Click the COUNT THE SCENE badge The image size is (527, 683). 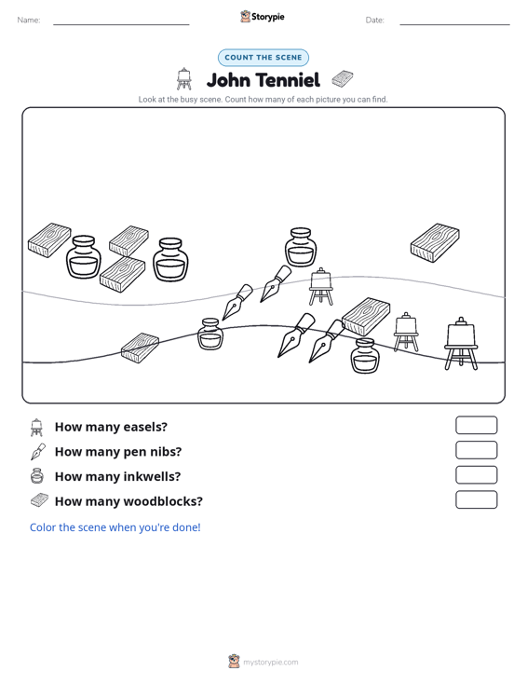coord(263,58)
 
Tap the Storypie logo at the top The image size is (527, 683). coord(263,17)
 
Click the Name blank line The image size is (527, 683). coord(121,24)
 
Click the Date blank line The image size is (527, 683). coord(454,24)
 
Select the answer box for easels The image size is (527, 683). coord(477,425)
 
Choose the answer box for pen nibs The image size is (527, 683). coord(477,450)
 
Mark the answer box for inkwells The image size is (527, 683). coord(477,475)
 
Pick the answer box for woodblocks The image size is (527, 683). coord(477,499)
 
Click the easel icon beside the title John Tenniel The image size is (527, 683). coord(184,79)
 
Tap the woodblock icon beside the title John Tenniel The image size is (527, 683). coord(343,79)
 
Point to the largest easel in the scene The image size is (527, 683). coord(461,344)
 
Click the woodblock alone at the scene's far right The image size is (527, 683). coord(435,242)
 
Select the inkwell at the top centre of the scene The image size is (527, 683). coord(301,247)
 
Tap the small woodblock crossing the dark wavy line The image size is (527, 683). coord(140,348)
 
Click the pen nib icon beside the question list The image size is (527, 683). coord(38,452)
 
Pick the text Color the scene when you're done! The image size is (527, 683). coord(115,527)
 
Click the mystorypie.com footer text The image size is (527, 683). coord(271,663)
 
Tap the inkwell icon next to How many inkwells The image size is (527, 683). coord(37,475)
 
